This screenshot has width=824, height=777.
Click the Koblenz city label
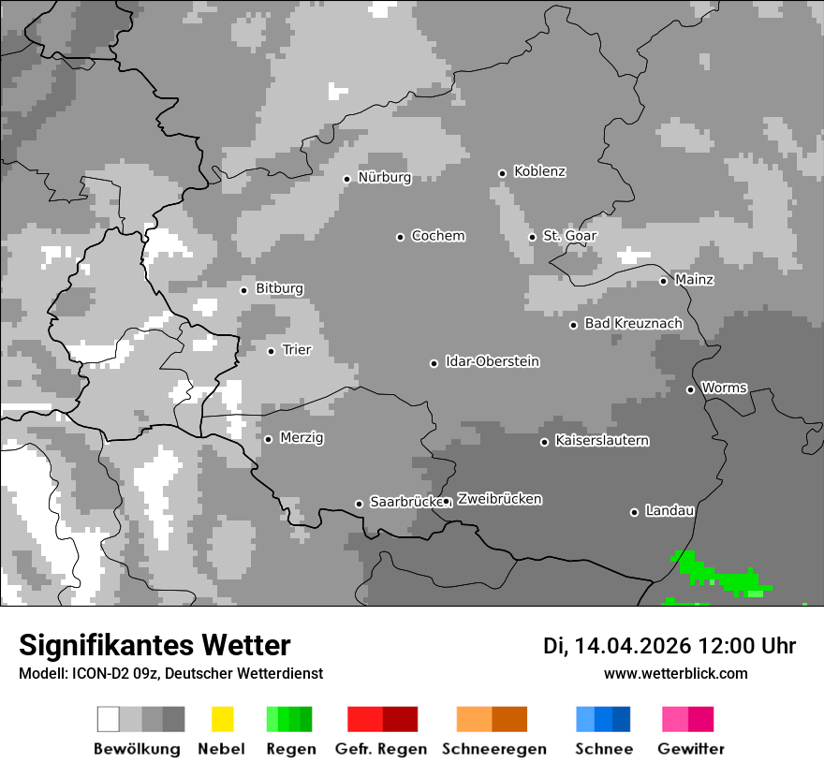(539, 172)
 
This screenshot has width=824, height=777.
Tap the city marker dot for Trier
(271, 351)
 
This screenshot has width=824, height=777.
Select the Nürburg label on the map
(384, 178)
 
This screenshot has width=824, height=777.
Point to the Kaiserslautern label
(601, 441)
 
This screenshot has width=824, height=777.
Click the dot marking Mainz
(663, 281)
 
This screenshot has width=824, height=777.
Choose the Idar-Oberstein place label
(492, 362)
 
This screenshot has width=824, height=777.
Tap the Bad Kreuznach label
(633, 324)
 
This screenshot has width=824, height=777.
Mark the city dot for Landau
(634, 512)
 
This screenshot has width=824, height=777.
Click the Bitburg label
(279, 289)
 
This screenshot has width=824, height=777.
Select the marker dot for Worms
(690, 389)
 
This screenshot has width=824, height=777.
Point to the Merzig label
(302, 438)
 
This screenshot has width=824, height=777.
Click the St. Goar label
(569, 236)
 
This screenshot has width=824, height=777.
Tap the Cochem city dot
(400, 237)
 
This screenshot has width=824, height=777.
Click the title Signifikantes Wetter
(154, 645)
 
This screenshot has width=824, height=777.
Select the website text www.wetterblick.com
(675, 673)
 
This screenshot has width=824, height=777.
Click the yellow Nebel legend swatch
(222, 719)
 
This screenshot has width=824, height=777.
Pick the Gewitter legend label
(690, 749)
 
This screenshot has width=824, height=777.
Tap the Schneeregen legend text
(493, 749)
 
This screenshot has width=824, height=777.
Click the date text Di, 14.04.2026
(616, 646)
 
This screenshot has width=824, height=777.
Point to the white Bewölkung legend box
(109, 719)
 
